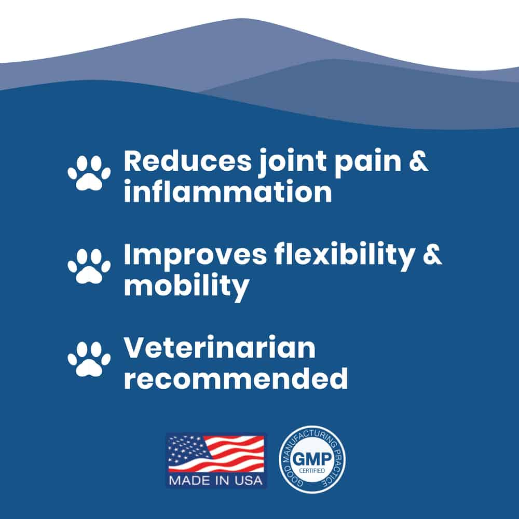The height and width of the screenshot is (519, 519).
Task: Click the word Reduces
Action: pos(187,161)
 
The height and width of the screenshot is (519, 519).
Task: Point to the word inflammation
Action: pos(228,192)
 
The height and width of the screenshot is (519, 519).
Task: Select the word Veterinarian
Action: pos(220,348)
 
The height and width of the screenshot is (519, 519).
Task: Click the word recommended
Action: pos(236,378)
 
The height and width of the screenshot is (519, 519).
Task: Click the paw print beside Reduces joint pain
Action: pos(89,173)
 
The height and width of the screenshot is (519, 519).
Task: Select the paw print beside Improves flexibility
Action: pos(89,266)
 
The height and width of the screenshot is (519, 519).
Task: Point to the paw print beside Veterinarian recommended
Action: pos(89,360)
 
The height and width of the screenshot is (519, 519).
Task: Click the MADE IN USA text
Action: pos(216,480)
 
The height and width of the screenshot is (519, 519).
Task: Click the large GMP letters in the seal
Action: pos(312,459)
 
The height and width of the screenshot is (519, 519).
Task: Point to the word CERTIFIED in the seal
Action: pos(312,471)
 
